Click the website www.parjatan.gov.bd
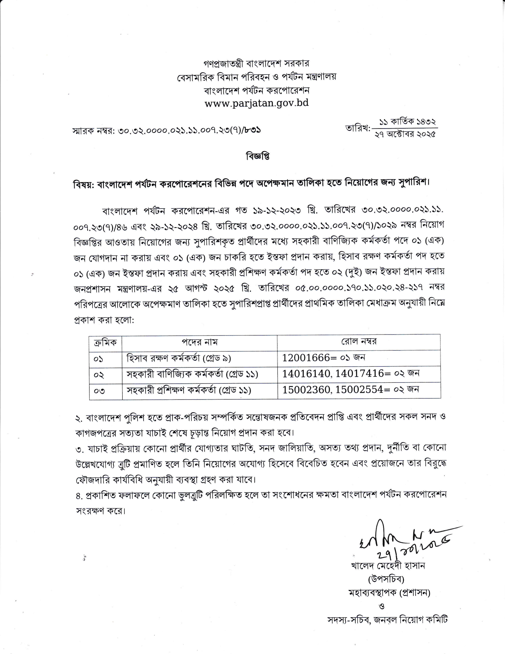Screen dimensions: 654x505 (256, 103)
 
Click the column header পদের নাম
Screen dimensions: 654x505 (200, 342)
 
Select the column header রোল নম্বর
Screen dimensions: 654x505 (359, 342)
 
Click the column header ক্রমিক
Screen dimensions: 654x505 (105, 342)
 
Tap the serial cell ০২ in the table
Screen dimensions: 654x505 (99, 374)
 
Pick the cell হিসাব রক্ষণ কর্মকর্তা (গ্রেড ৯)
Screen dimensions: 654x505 (179, 358)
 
